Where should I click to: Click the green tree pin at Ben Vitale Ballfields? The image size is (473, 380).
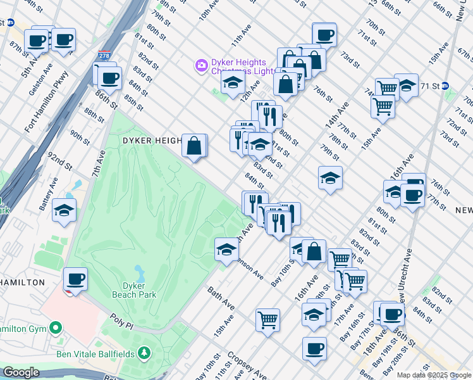point(145,352)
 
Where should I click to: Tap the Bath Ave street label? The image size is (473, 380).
point(221,298)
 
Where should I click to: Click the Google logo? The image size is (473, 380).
point(21,372)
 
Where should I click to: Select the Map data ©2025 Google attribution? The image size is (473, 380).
point(434,375)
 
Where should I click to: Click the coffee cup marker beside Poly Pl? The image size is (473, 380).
point(76,279)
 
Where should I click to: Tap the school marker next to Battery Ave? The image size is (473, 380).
point(64,211)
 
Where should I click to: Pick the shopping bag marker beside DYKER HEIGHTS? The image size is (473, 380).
point(194,146)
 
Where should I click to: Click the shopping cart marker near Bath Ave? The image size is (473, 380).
point(268,319)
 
